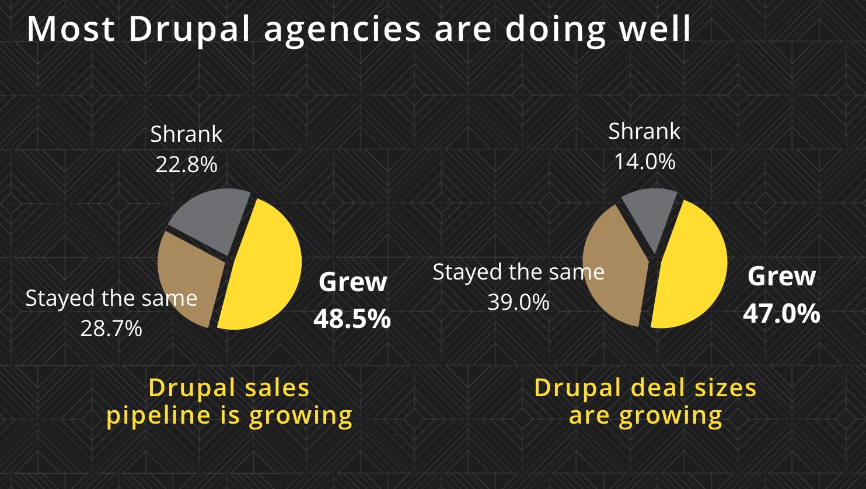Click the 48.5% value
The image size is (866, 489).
point(352,319)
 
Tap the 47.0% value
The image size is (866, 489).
point(781,313)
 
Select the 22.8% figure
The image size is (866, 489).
point(186,165)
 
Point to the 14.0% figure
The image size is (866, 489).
point(644,162)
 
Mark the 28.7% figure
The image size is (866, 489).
point(111,329)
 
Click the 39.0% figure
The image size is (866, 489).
point(518,302)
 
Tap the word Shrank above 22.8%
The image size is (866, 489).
point(186,134)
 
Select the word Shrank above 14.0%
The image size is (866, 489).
point(644,131)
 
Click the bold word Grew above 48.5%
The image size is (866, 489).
point(352,282)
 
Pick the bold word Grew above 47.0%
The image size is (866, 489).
point(781,276)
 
